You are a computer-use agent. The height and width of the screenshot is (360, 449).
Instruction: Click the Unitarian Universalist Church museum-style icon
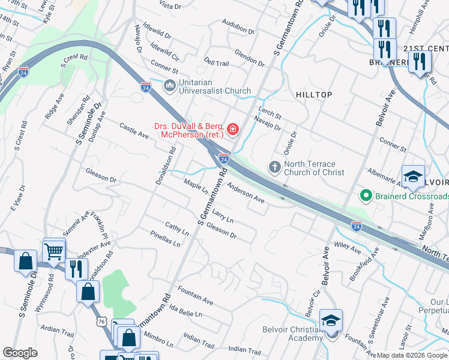click(170, 86)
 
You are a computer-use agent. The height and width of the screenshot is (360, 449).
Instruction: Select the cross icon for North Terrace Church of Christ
click(275, 167)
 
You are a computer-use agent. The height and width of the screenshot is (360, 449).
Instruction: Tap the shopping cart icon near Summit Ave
click(54, 249)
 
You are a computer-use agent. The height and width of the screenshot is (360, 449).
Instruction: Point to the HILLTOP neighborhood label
click(313, 95)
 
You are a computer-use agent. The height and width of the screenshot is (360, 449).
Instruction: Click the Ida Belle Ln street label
click(186, 311)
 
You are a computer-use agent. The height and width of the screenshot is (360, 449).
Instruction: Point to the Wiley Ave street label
click(347, 245)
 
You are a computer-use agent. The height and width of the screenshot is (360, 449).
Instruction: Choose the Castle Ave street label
click(134, 131)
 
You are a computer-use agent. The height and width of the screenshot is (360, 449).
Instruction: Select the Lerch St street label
click(270, 112)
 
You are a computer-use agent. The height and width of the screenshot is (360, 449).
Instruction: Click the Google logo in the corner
click(20, 353)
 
